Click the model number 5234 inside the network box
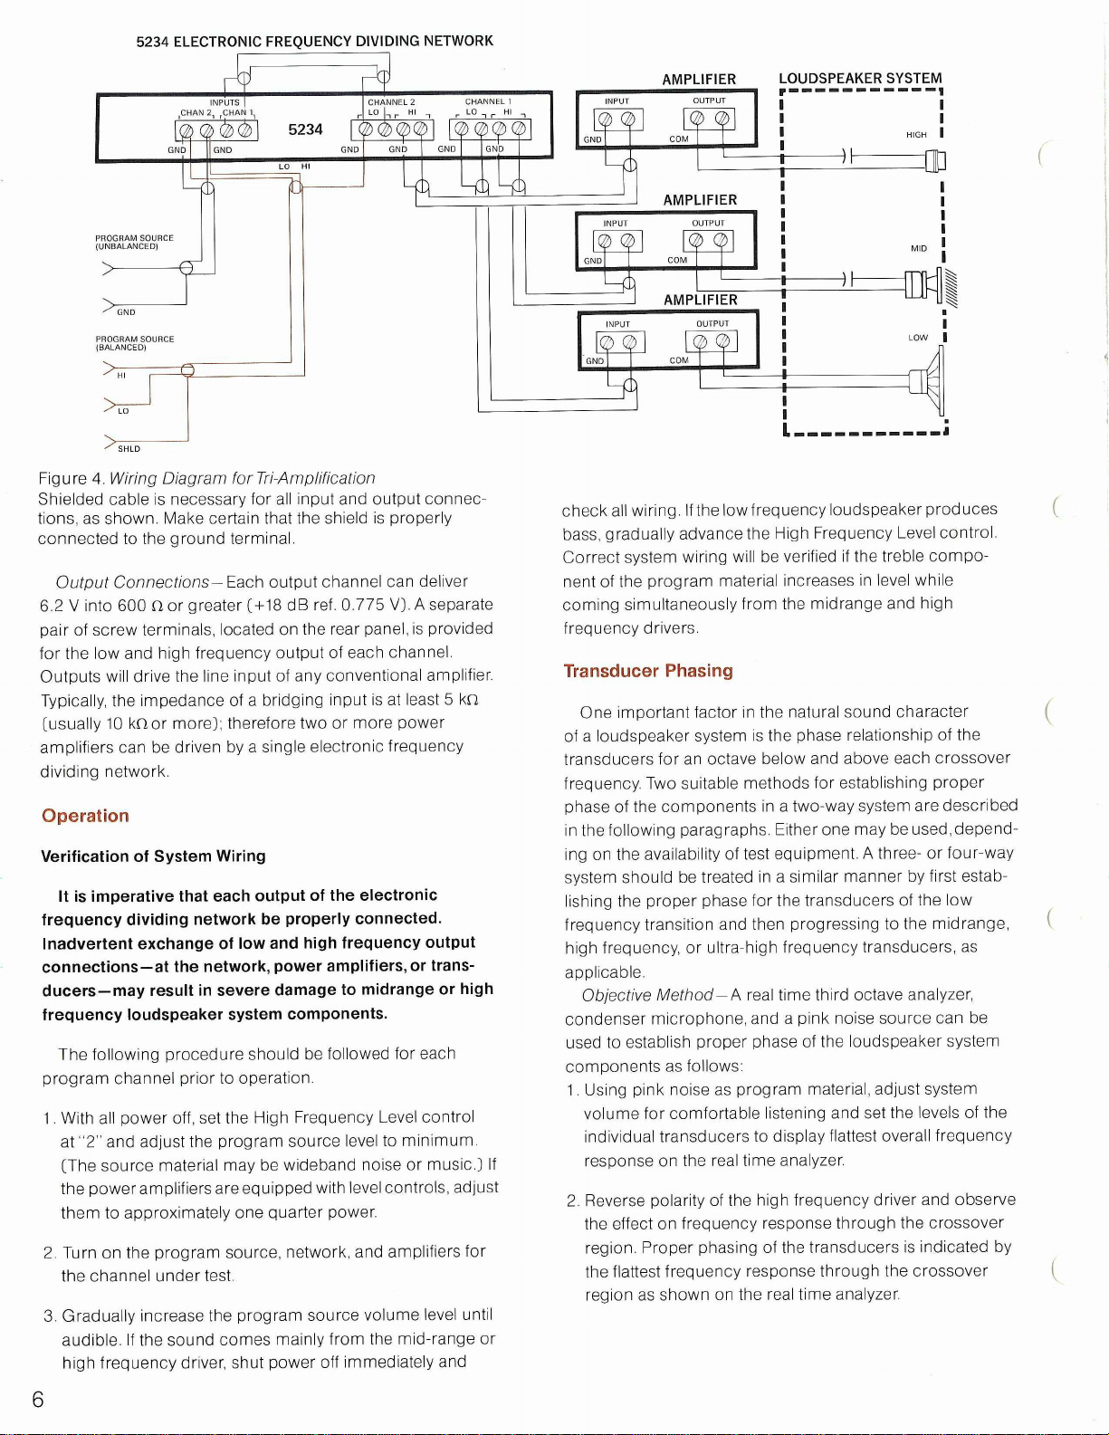pyautogui.click(x=305, y=129)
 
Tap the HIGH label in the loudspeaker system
pyautogui.click(x=916, y=135)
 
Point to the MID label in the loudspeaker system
pyautogui.click(x=919, y=248)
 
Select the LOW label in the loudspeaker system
pyautogui.click(x=918, y=338)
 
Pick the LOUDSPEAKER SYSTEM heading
pyautogui.click(x=860, y=79)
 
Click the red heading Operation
pyautogui.click(x=85, y=816)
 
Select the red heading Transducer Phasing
pyautogui.click(x=648, y=671)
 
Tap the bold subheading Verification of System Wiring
pyautogui.click(x=154, y=856)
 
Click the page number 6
pyautogui.click(x=37, y=1400)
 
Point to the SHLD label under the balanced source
pyautogui.click(x=129, y=449)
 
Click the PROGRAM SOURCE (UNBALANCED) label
pyautogui.click(x=134, y=242)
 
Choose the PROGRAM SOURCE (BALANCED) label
pyautogui.click(x=134, y=343)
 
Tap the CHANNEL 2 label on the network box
pyautogui.click(x=391, y=102)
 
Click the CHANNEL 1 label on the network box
pyautogui.click(x=489, y=101)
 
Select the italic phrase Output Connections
pyautogui.click(x=132, y=581)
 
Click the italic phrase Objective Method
pyautogui.click(x=647, y=995)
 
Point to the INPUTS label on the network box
pyautogui.click(x=225, y=102)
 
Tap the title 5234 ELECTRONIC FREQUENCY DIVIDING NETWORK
pyautogui.click(x=314, y=42)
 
